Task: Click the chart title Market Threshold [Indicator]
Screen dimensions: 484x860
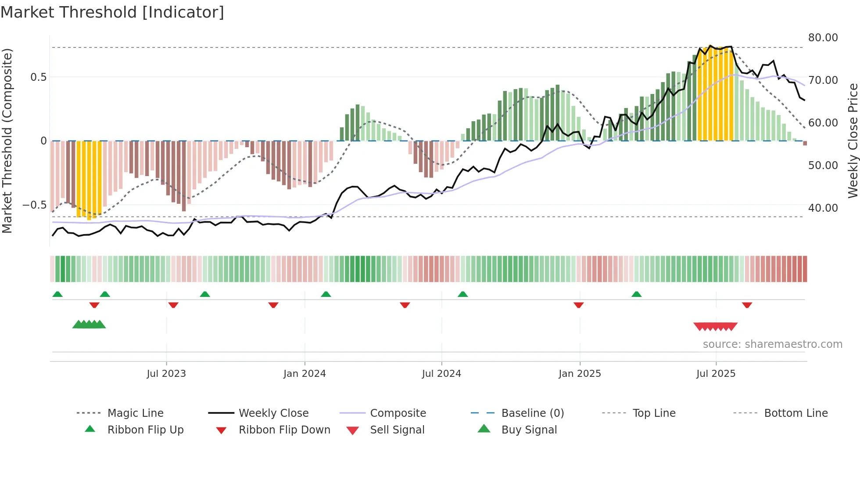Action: point(112,12)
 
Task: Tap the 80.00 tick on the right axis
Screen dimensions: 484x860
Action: point(823,38)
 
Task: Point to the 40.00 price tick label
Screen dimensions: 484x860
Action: point(823,208)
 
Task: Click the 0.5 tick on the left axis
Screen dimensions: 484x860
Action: point(38,77)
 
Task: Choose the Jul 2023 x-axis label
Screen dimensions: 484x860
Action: point(166,374)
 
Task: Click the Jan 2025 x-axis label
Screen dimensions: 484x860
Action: point(580,374)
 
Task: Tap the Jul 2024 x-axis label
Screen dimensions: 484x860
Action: point(441,374)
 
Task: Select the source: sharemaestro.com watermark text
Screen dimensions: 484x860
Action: point(772,344)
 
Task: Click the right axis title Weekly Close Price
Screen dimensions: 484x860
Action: point(853,141)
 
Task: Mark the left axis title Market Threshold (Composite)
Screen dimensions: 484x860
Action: point(7,141)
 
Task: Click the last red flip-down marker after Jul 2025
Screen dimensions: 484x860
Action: point(747,305)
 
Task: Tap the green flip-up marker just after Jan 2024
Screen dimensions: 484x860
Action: point(326,294)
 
